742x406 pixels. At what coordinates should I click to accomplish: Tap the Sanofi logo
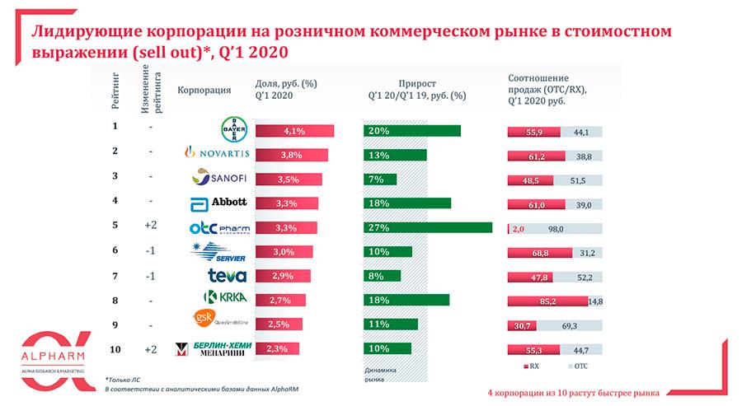[219, 177]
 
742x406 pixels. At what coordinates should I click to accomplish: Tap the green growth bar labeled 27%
[427, 226]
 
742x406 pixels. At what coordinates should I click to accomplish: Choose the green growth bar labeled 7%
[380, 179]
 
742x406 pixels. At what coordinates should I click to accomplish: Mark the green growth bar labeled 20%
[411, 131]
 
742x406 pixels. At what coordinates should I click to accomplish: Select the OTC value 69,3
[568, 326]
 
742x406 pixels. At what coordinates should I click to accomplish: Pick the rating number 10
[115, 348]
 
